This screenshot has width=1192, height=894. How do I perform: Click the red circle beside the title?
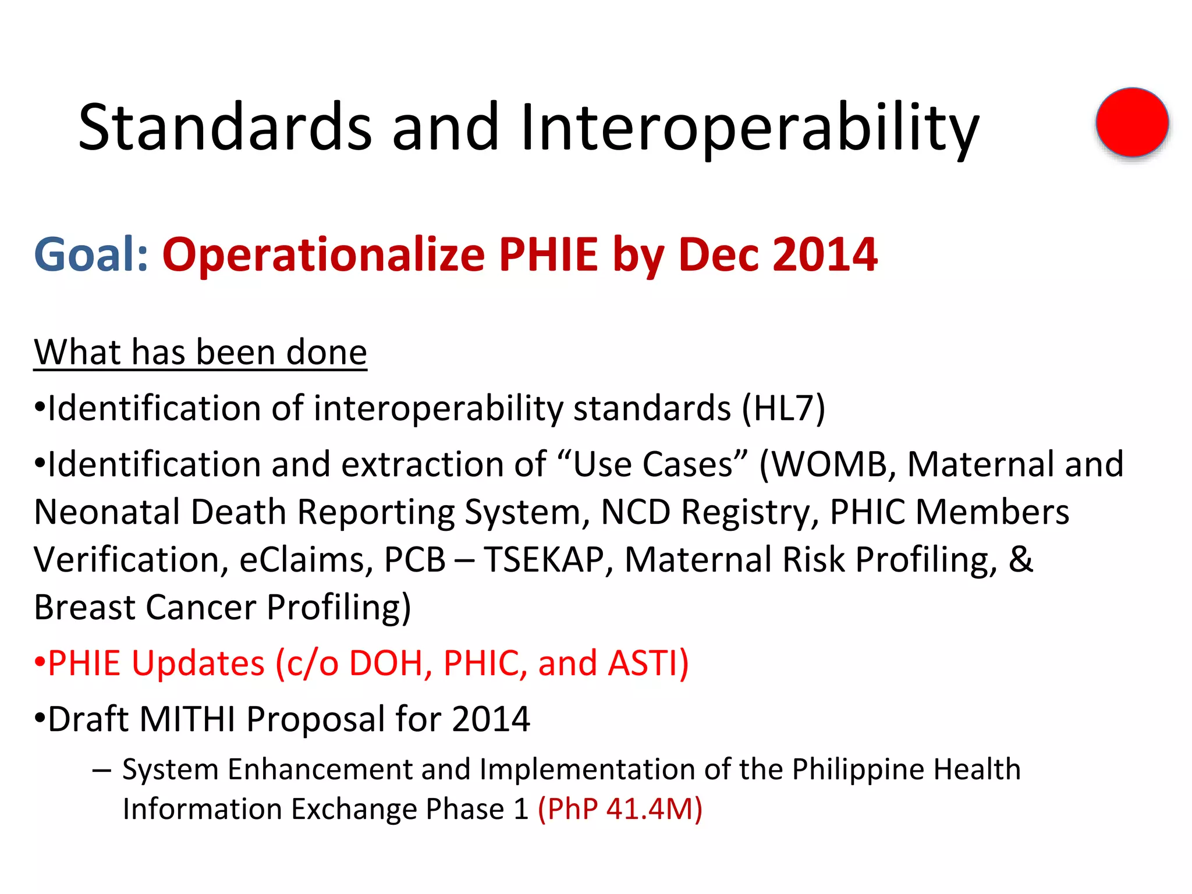point(1132,122)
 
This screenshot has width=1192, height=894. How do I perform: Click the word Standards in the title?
point(225,127)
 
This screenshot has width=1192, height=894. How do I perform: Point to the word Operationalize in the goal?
point(324,254)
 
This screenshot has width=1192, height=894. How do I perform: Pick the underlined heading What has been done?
point(200,352)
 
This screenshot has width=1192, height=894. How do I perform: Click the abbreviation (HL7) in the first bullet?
point(783,407)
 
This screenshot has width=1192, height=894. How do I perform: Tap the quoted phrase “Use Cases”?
point(652,464)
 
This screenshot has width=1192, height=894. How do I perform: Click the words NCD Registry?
point(705,512)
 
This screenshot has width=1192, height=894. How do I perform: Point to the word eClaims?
point(306,559)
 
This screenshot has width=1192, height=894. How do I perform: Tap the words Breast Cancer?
point(145,607)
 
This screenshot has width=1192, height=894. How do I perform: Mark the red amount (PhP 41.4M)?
point(620,808)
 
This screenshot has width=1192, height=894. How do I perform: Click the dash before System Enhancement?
point(101,769)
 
